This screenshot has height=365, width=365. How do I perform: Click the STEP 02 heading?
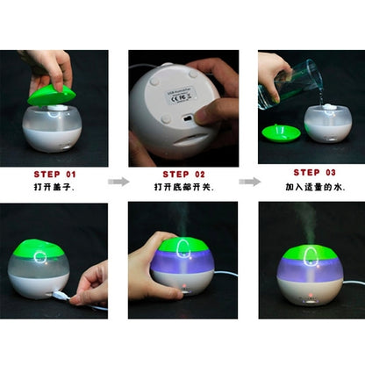pos(182,174)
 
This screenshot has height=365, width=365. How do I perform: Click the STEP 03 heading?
pos(312,173)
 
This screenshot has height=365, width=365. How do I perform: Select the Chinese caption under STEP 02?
pos(182,188)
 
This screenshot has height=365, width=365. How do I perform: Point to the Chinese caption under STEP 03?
pos(312,187)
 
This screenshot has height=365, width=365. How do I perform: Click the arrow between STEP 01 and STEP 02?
pos(118,182)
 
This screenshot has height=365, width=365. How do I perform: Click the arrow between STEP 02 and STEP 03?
pos(249,182)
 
